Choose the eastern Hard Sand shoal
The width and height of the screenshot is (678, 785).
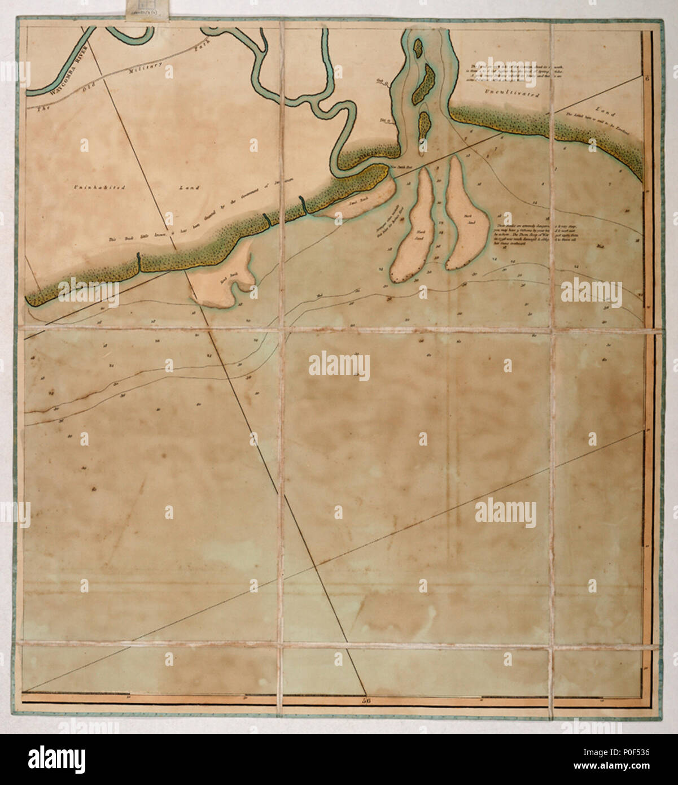[x=468, y=217]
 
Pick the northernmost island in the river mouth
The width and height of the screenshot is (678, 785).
[x=418, y=47]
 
